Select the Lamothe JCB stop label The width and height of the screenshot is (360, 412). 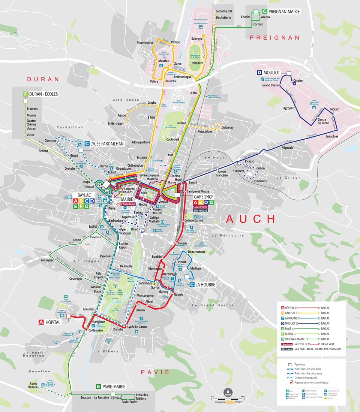[x=224, y=12]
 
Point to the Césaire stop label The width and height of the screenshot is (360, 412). [x=298, y=81]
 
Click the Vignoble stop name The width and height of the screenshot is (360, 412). [x=288, y=148]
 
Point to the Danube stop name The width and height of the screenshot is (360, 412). [x=118, y=329]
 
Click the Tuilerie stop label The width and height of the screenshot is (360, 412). [x=183, y=243]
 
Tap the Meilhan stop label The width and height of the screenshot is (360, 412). [x=195, y=269]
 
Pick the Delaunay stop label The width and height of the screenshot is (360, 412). [x=227, y=128]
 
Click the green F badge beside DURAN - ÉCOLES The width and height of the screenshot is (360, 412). [x=26, y=94]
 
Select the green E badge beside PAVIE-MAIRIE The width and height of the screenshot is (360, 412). [x=98, y=387]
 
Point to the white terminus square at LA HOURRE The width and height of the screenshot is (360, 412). [x=186, y=277]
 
